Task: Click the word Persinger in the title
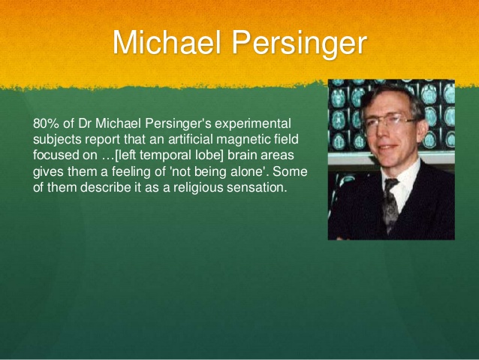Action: tap(298, 44)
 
